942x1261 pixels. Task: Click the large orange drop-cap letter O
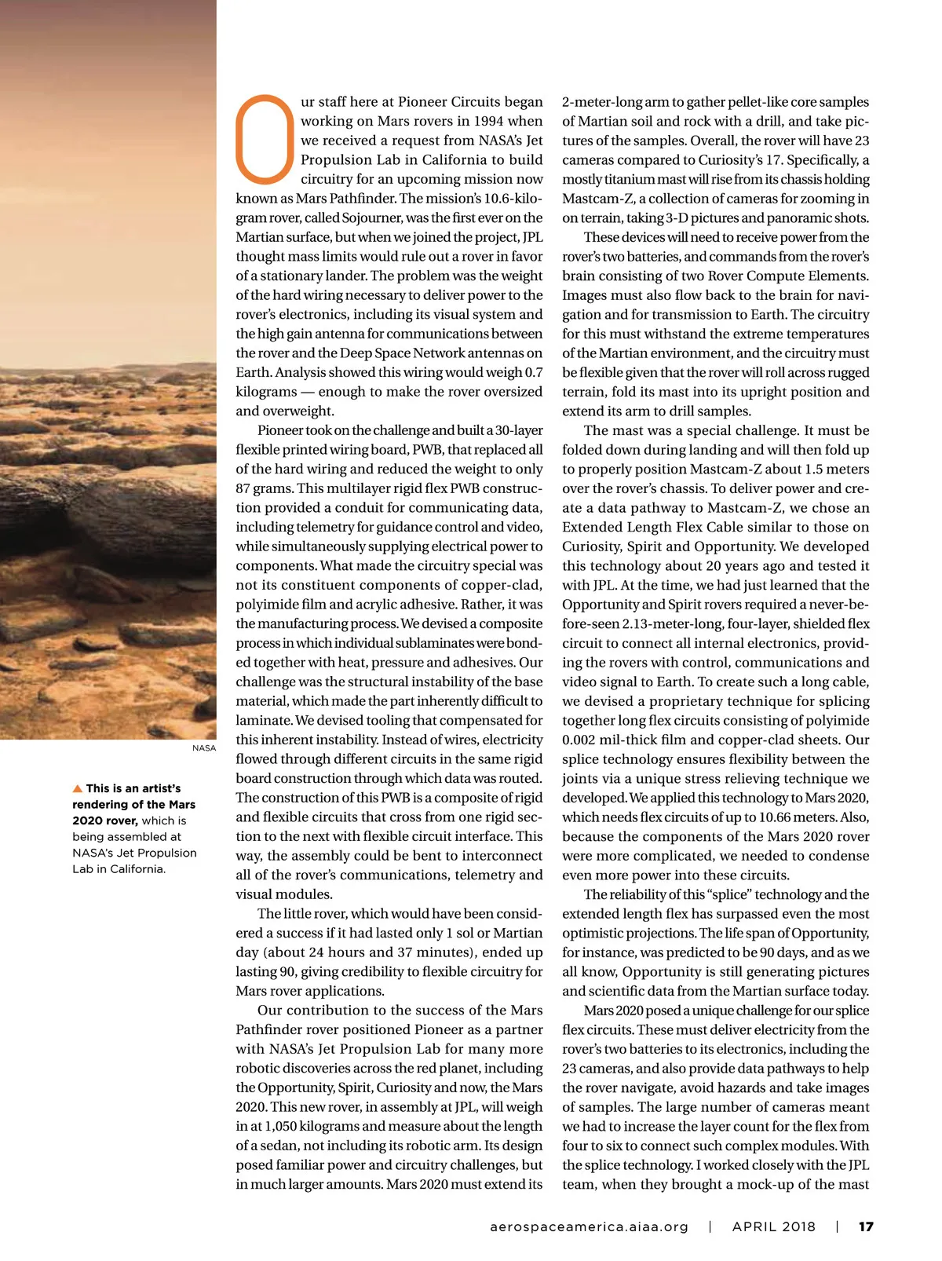click(265, 138)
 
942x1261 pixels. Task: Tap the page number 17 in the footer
click(866, 1226)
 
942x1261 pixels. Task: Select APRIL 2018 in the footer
click(774, 1226)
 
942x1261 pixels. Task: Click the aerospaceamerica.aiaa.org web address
click(588, 1226)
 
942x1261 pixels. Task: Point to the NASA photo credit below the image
click(204, 748)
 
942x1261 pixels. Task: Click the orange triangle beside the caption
click(77, 788)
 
